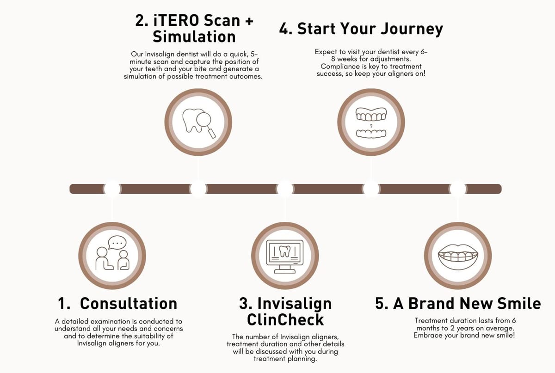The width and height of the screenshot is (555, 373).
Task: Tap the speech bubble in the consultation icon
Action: (117, 243)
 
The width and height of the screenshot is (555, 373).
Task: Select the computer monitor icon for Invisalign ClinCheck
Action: (285, 257)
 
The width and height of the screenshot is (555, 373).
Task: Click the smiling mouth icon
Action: (458, 257)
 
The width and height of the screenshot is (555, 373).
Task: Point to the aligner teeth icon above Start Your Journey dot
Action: (371, 122)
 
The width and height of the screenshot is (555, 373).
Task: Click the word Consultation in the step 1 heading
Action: (129, 303)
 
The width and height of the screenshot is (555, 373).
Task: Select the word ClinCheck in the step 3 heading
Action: (285, 320)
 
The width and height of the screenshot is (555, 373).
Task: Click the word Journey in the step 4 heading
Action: (412, 30)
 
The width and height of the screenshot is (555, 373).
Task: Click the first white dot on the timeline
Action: (112, 189)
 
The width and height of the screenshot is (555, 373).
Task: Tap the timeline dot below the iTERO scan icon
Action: (198, 189)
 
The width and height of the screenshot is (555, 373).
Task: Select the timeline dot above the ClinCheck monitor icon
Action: (285, 189)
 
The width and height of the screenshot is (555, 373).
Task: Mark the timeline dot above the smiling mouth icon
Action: (458, 189)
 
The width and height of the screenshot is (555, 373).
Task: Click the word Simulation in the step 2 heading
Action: (194, 37)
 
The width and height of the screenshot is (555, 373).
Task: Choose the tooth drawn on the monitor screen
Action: (285, 251)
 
